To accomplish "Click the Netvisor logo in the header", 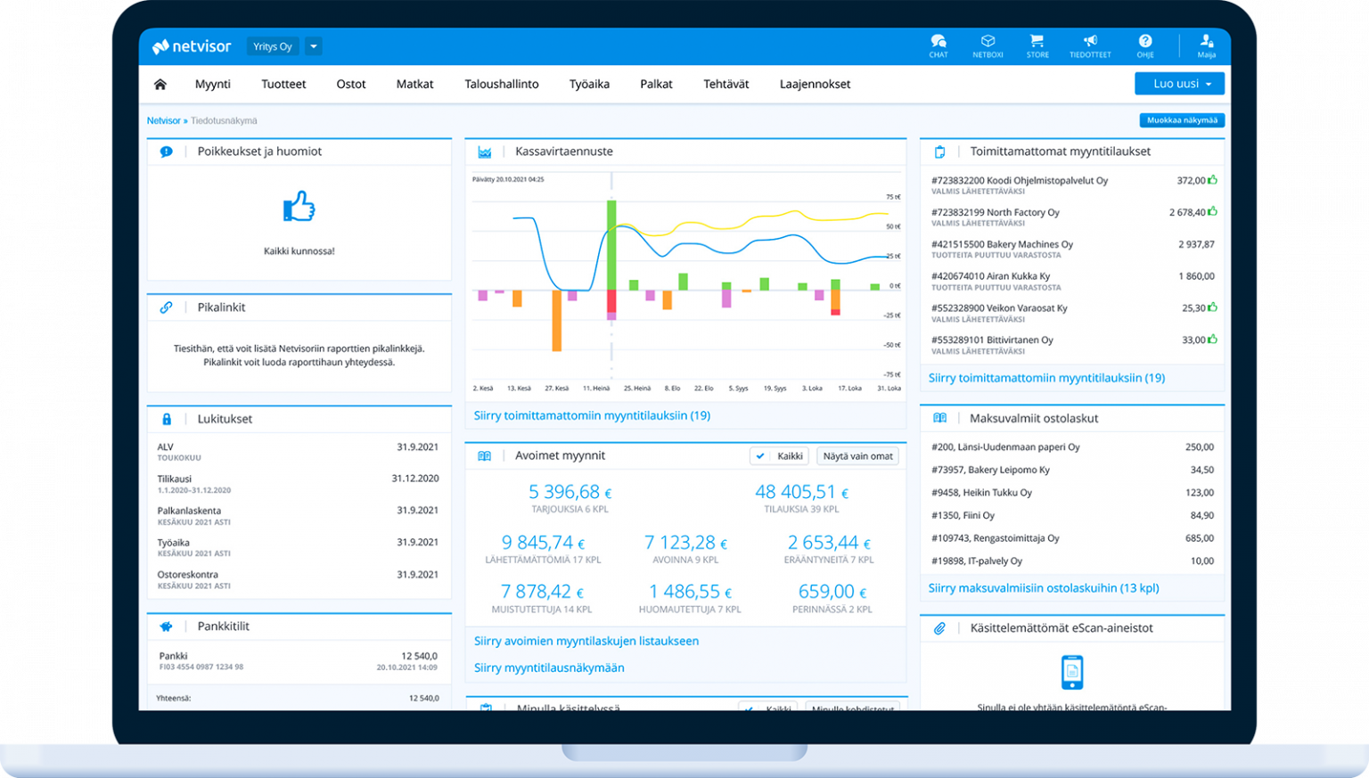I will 192,46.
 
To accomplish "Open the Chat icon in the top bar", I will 938,45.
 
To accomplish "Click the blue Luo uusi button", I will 1178,84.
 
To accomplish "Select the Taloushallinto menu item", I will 501,84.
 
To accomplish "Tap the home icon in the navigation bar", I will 160,84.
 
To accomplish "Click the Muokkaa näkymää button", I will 1181,120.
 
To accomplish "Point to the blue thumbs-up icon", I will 299,207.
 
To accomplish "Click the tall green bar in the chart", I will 611,244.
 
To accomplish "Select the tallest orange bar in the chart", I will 556,320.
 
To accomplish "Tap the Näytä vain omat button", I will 857,456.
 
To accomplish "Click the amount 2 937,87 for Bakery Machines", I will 1195,244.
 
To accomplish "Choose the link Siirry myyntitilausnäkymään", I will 549,667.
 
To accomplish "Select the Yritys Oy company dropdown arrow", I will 313,46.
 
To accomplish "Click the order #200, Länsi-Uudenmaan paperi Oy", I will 1004,447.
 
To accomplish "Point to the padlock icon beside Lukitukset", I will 167,419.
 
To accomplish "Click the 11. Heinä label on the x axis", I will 596,389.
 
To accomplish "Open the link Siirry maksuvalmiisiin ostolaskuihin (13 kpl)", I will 1043,588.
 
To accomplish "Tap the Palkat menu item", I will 656,84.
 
